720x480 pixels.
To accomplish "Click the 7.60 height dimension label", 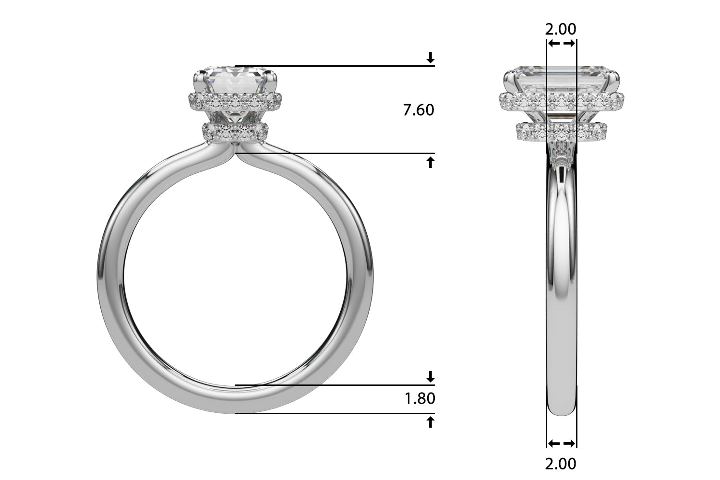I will (x=419, y=110).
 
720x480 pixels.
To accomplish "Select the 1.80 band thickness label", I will (x=420, y=398).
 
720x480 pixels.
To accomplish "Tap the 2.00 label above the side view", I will (x=561, y=29).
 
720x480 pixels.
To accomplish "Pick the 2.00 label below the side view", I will (x=561, y=464).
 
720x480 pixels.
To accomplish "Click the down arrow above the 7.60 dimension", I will (x=431, y=58).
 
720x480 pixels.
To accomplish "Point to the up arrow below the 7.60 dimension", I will (x=431, y=162).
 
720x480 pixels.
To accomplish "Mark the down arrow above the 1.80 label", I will (x=431, y=376).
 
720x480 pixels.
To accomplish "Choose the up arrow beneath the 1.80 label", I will (x=431, y=422).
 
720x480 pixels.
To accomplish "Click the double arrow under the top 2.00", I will (x=562, y=44).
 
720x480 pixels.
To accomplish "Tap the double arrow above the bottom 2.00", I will (x=562, y=443).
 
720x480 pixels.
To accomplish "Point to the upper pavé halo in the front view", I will (x=234, y=101).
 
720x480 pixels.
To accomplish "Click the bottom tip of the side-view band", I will (x=562, y=413).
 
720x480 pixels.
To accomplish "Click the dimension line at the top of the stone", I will (x=336, y=66).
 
